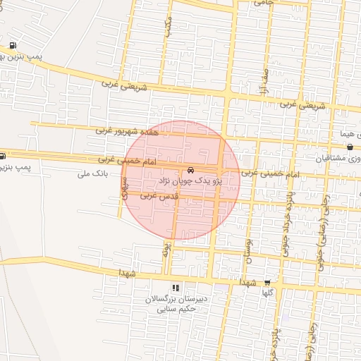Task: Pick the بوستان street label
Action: (x=247, y=250)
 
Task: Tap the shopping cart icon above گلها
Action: (x=267, y=281)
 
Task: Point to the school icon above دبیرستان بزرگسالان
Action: (x=176, y=288)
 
